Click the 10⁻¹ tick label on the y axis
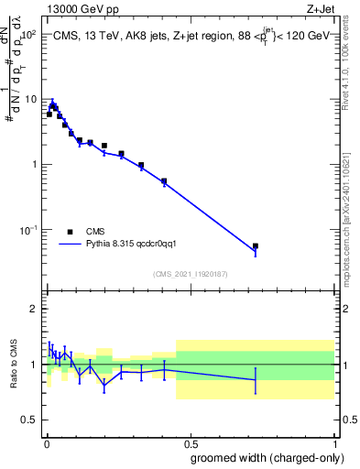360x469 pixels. [28, 230]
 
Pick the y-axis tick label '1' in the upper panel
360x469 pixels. [36, 165]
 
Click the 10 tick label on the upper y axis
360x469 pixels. [31, 99]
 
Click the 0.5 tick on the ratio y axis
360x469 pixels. [31, 420]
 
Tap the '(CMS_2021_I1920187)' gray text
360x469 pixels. [190, 273]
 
